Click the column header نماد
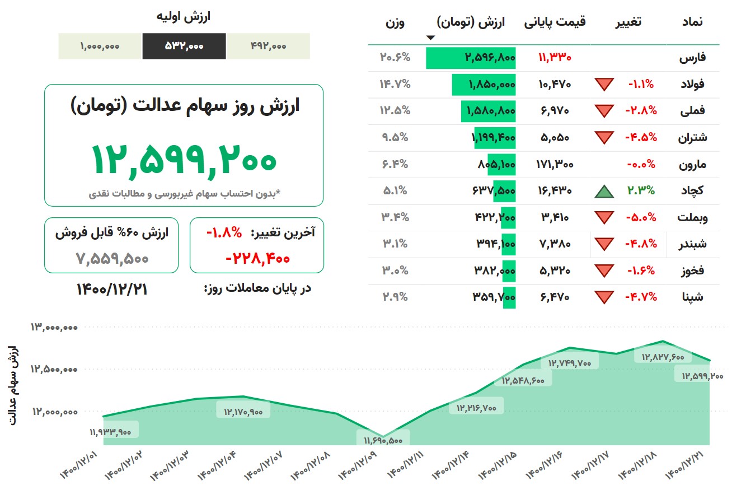pyautogui.click(x=692, y=22)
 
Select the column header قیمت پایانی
pyautogui.click(x=555, y=22)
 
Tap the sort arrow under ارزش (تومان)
pyautogui.click(x=430, y=38)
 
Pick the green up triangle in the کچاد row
pyautogui.click(x=604, y=191)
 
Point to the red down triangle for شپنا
pyautogui.click(x=604, y=297)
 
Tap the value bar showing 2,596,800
pyautogui.click(x=471, y=58)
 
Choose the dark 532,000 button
pyautogui.click(x=184, y=46)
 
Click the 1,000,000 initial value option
pyautogui.click(x=100, y=46)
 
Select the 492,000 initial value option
pyautogui.click(x=268, y=46)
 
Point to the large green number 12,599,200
pyautogui.click(x=184, y=159)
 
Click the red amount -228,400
pyautogui.click(x=257, y=259)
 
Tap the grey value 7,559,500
pyautogui.click(x=111, y=259)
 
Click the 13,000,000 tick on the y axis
pyautogui.click(x=54, y=327)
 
